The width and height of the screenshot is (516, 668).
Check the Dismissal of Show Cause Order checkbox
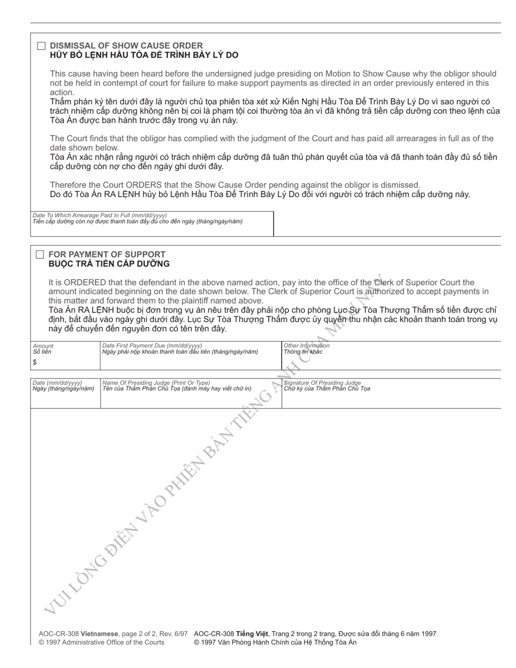(x=41, y=46)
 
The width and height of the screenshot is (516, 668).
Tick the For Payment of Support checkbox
(x=40, y=255)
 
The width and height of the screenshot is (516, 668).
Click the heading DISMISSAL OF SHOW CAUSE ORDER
(x=126, y=46)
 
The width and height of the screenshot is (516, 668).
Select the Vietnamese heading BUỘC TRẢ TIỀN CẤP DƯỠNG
(x=109, y=264)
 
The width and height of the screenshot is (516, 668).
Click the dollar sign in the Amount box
(x=35, y=362)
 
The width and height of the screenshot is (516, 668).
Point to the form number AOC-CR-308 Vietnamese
(x=78, y=633)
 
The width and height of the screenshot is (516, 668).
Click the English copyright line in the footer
(x=101, y=642)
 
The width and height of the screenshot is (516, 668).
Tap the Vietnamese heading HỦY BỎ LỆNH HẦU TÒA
(x=144, y=55)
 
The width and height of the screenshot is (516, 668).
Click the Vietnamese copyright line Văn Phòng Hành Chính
(x=275, y=642)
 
